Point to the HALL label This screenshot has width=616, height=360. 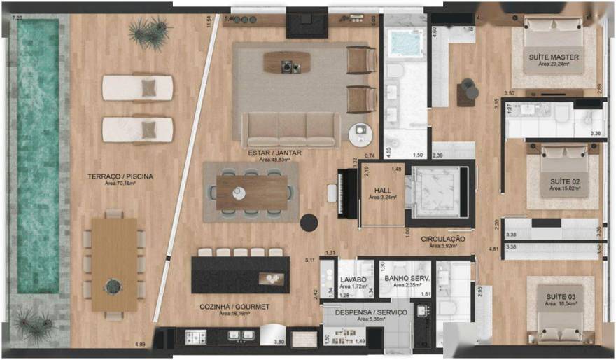pos(383,191)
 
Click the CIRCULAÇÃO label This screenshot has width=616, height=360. pos(443,239)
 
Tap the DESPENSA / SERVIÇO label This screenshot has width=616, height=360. pos(371,312)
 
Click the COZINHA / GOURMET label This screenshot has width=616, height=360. pos(234,307)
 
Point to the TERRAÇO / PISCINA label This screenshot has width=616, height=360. pos(120,176)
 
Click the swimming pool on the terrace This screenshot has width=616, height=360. pos(38,154)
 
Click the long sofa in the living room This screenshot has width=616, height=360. pos(290,129)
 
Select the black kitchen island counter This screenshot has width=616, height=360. pos(240,275)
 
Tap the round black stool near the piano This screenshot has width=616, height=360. pos(309,223)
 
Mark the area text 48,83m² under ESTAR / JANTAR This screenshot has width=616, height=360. pos(274,160)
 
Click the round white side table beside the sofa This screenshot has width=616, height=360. pos(361,132)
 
